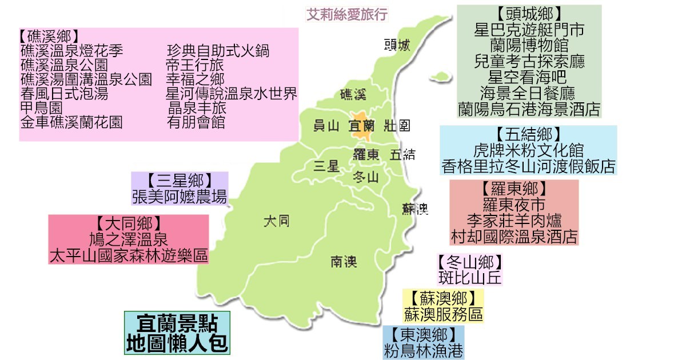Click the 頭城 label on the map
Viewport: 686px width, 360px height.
pos(397,45)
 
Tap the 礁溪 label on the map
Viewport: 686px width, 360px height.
pos(353,94)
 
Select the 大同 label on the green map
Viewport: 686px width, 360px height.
pos(276,221)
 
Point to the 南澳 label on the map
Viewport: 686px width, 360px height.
pos(344,262)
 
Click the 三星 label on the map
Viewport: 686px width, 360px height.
pos(327,166)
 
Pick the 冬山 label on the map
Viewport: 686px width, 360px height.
pos(366,177)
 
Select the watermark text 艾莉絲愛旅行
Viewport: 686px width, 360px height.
pos(347,14)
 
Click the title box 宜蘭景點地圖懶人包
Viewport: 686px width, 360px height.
pos(177,333)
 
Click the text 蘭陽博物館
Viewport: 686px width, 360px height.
pos(529,45)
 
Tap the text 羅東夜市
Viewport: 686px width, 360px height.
pos(514,205)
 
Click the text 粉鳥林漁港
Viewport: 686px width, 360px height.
pos(423,350)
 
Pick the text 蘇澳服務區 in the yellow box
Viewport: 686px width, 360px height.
pos(443,314)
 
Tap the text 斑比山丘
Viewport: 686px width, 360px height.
pos(470,278)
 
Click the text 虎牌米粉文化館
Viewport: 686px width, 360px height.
pos(529,150)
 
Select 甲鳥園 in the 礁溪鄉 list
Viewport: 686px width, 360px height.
pos(41,107)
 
